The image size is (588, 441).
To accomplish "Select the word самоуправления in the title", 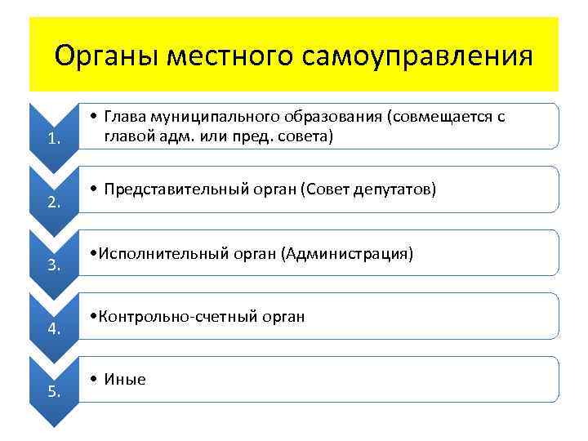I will pos(417,56).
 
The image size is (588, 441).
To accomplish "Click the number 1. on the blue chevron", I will pos(54,139).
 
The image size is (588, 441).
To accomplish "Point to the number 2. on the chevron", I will pos(54,203).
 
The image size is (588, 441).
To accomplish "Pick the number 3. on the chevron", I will pos(54,265).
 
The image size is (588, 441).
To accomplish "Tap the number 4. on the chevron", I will pos(54,328).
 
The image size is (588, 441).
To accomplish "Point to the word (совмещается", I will pos(441,117).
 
